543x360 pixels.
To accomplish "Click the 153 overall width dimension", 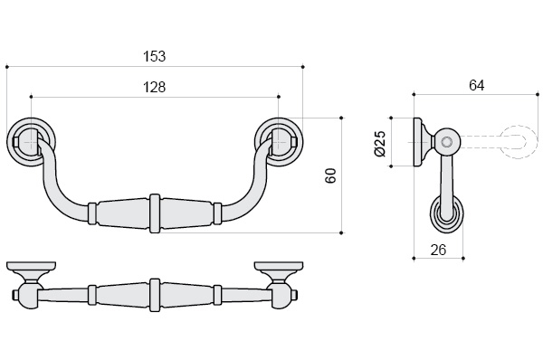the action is pyautogui.click(x=155, y=56).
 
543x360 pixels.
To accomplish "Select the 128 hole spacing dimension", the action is pyautogui.click(x=155, y=87).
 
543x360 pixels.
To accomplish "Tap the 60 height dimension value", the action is pyautogui.click(x=331, y=175).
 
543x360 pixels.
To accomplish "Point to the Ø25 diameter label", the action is pyautogui.click(x=380, y=144).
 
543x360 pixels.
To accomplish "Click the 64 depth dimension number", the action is pyautogui.click(x=477, y=85).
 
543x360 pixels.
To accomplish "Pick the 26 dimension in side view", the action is pyautogui.click(x=438, y=250).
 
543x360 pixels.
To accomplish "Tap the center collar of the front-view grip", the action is pyautogui.click(x=155, y=213).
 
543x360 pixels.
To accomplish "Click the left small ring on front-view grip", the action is pyautogui.click(x=91, y=213).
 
